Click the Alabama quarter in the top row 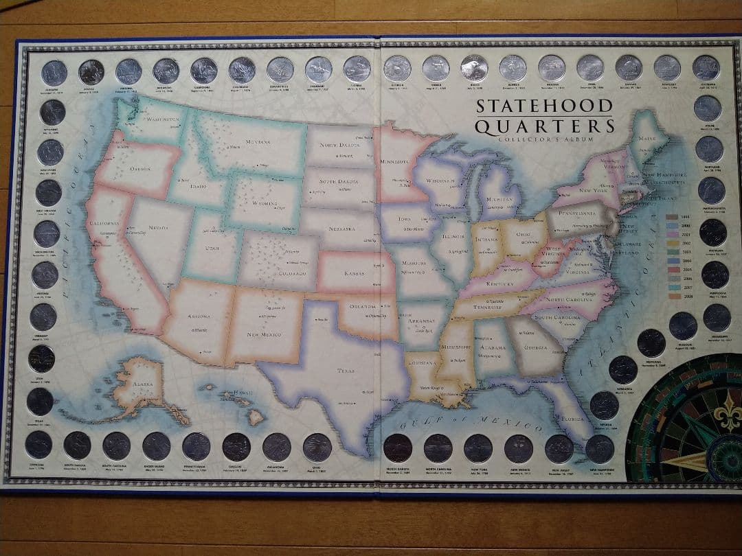coord(54,72)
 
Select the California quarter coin coord(203,70)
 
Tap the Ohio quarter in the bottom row coord(317,447)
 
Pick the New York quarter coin coord(477,448)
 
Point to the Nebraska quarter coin coord(622,369)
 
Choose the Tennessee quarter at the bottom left coord(38,444)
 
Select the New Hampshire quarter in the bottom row coord(600,448)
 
